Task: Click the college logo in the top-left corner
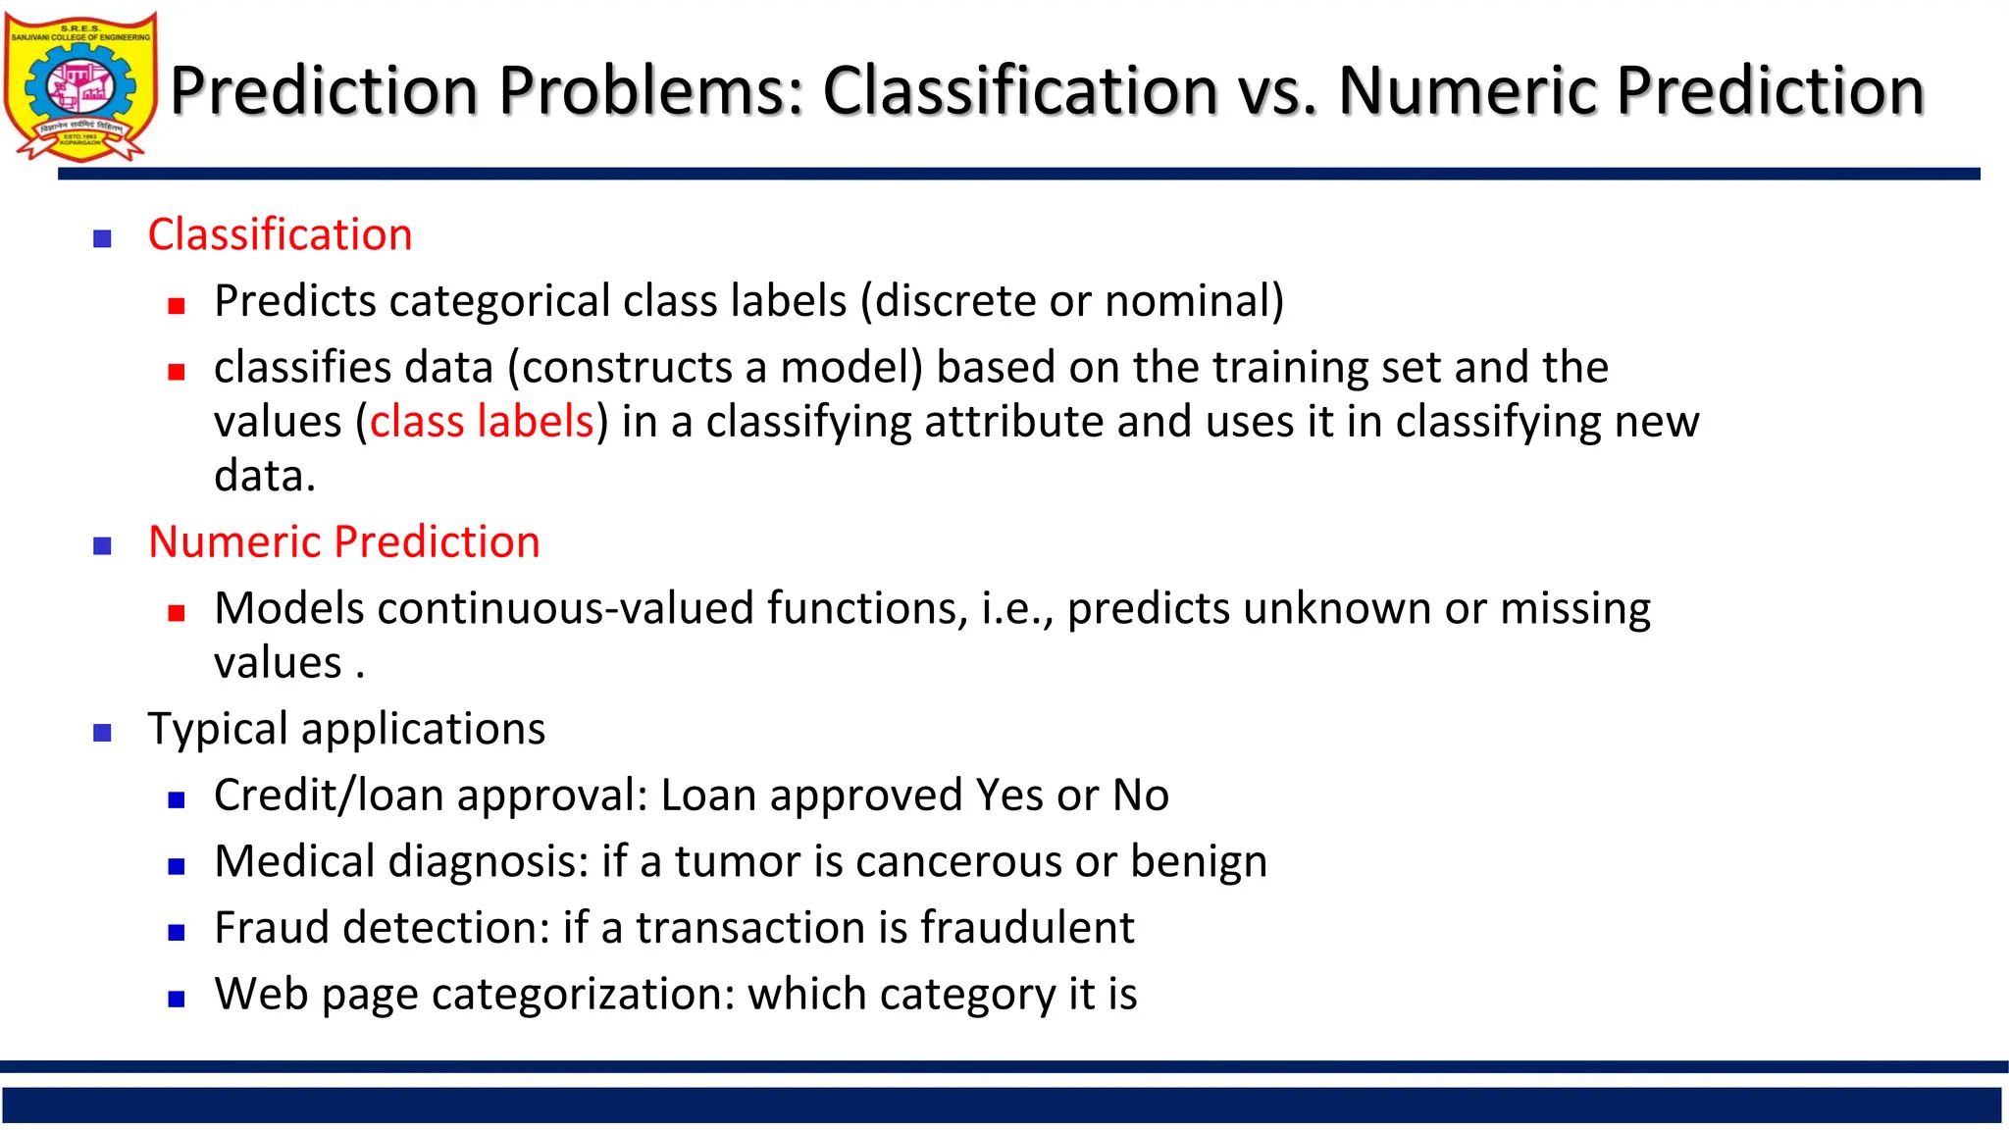pos(80,86)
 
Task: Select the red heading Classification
pos(280,234)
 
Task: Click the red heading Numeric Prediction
pos(343,541)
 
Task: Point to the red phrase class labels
pos(482,422)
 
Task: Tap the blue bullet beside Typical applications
pos(102,732)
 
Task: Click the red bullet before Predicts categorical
pos(177,306)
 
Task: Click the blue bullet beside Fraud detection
pos(177,933)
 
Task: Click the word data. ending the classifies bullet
pos(264,477)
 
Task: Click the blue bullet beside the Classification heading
pos(102,238)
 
